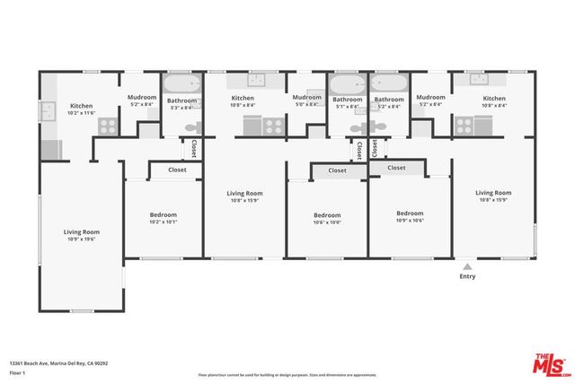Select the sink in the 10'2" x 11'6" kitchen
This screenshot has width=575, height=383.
click(46, 112)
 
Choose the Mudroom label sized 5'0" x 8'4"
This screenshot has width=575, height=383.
click(306, 100)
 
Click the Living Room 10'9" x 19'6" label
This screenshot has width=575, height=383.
click(81, 235)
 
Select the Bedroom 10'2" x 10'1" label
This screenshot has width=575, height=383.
click(163, 218)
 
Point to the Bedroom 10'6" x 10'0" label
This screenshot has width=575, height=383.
click(327, 218)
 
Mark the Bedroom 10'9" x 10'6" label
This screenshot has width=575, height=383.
click(410, 216)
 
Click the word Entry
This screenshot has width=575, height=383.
click(467, 276)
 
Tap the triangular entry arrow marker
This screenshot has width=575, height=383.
click(467, 265)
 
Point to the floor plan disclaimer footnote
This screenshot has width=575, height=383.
click(287, 373)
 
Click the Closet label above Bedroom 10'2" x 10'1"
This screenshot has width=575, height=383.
click(177, 169)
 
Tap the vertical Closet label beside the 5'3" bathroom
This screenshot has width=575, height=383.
click(193, 147)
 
